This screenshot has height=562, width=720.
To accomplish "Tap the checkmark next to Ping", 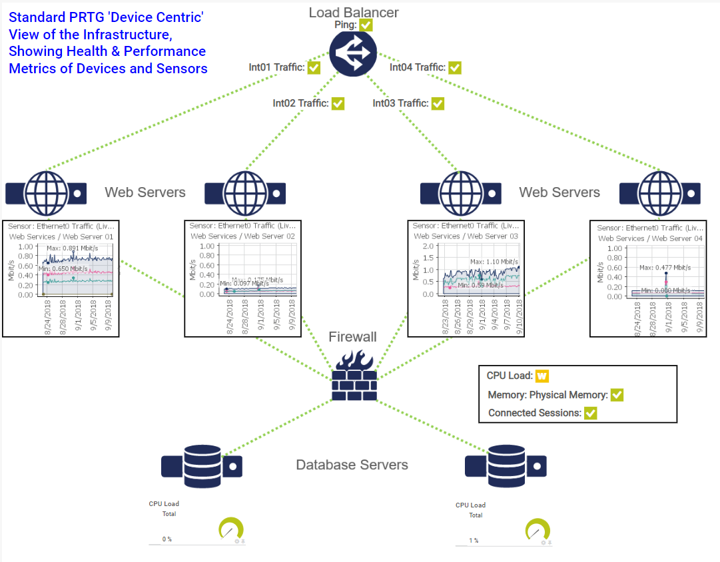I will pyautogui.click(x=366, y=25).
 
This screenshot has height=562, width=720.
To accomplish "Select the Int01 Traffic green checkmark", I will pyautogui.click(x=314, y=67).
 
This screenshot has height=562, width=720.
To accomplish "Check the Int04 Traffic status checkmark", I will pyautogui.click(x=455, y=67).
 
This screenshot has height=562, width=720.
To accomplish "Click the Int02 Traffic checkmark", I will pyautogui.click(x=338, y=103).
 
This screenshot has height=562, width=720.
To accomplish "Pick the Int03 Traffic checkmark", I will pyautogui.click(x=438, y=103).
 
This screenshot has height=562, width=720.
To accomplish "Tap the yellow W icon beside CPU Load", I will pyautogui.click(x=541, y=376).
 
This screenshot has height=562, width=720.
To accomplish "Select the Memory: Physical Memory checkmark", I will pyautogui.click(x=617, y=395).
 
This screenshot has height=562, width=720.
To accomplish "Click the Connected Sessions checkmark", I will pyautogui.click(x=590, y=413).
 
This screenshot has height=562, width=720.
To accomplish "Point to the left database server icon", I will pyautogui.click(x=202, y=466).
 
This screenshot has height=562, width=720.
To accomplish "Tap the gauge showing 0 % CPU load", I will pyautogui.click(x=231, y=530).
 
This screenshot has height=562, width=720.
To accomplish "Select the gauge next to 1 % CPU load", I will pyautogui.click(x=538, y=531).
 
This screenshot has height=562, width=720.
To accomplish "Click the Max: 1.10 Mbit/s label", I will pyautogui.click(x=494, y=262).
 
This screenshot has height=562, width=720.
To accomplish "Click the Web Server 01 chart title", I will pyautogui.click(x=61, y=236).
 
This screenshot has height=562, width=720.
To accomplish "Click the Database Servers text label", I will pyautogui.click(x=352, y=465).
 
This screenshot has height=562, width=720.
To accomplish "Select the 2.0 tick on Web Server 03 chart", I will pyautogui.click(x=428, y=246).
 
